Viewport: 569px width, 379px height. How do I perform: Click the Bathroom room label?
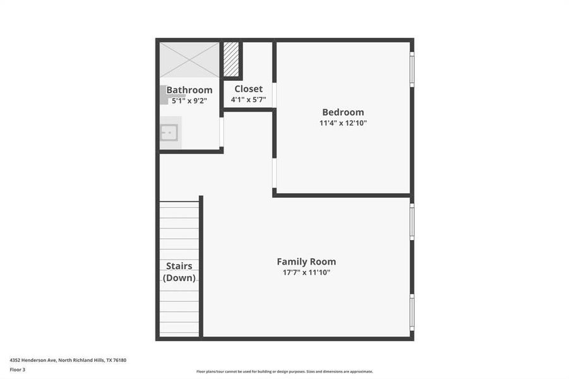pos(189,90)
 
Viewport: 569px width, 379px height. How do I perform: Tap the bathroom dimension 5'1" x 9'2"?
pos(189,100)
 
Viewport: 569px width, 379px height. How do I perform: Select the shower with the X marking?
pos(189,60)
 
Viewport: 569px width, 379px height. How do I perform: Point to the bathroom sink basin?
pos(169,133)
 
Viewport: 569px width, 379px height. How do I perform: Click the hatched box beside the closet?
pos(232,59)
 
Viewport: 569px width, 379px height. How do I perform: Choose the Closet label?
pos(248,89)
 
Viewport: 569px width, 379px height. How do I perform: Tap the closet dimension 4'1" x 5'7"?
pos(248,100)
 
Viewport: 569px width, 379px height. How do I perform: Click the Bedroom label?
pos(343,112)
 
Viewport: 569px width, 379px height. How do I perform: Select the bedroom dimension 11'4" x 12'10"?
pos(343,123)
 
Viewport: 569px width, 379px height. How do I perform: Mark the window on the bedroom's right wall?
pos(412,69)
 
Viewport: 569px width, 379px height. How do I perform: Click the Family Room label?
pos(306,262)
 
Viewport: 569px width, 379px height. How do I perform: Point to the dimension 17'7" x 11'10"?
pos(306,273)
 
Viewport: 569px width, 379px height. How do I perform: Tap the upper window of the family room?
pos(412,221)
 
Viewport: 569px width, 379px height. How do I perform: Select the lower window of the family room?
pos(412,312)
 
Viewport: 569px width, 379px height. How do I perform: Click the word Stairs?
pos(179,266)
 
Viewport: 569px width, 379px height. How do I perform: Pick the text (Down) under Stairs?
pos(179,278)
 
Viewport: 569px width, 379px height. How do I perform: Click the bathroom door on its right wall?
pos(222,131)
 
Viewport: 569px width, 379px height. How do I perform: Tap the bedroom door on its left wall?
pos(274,173)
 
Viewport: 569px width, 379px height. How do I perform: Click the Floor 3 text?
pos(17,370)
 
